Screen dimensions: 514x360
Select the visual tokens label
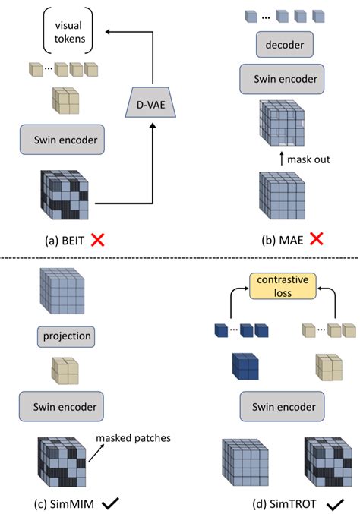(x=66, y=32)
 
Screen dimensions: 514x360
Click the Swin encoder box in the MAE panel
(x=279, y=77)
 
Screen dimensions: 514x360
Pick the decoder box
(x=279, y=45)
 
